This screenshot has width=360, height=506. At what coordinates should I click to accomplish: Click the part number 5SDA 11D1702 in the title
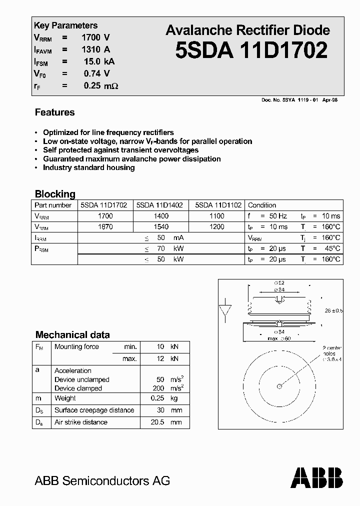tap(251, 50)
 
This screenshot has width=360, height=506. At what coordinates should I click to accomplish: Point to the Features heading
tap(54, 112)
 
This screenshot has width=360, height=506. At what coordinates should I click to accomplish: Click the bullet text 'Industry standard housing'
tap(88, 167)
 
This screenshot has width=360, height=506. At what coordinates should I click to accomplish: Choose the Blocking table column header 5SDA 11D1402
tap(159, 205)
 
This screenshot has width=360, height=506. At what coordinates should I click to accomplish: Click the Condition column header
tap(262, 205)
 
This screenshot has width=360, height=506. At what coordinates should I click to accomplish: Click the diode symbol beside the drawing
tap(225, 310)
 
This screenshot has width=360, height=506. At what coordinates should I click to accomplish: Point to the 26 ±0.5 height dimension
tap(333, 310)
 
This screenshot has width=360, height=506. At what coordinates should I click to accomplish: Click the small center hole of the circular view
tap(279, 385)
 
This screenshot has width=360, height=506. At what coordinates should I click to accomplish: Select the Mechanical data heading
tap(72, 335)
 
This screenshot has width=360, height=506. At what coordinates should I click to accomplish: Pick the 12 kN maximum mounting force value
tap(167, 358)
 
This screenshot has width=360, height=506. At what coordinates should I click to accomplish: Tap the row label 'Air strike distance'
tap(81, 422)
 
